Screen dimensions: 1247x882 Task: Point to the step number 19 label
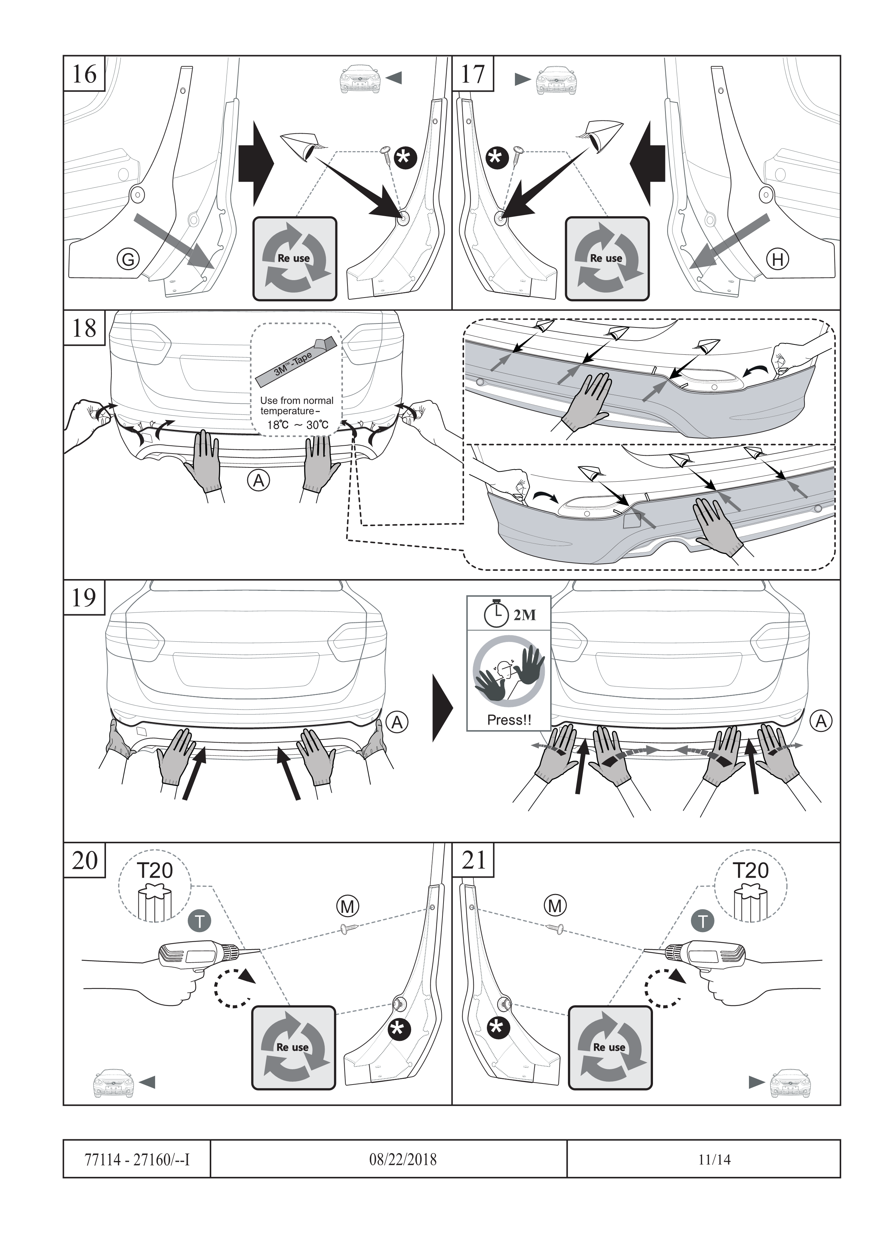[84, 598]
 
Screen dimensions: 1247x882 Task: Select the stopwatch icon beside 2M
[496, 613]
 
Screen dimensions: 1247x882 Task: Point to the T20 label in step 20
[155, 870]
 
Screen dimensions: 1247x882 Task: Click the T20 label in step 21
[750, 870]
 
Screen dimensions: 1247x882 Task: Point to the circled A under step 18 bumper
[259, 480]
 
